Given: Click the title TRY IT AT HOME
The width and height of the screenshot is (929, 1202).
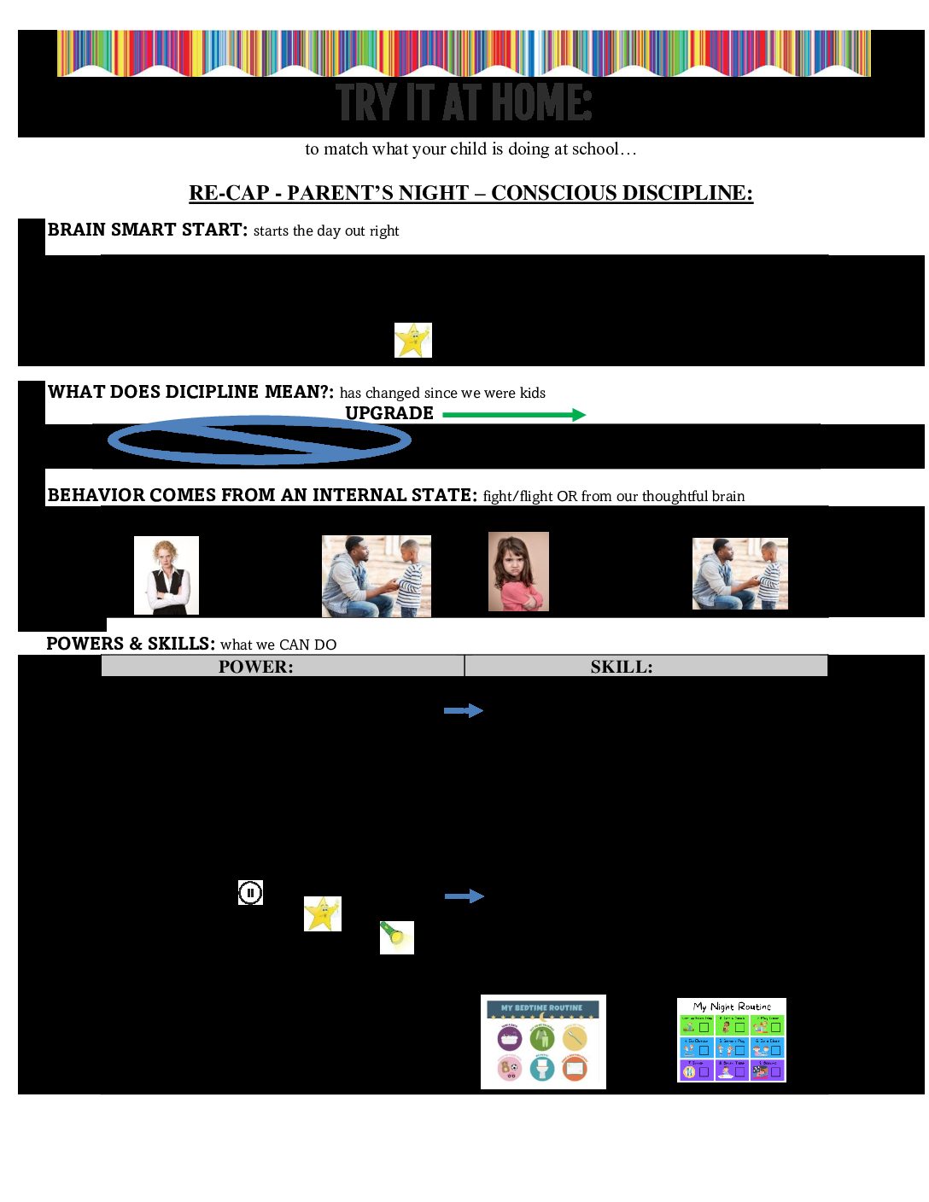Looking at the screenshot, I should pos(464,102).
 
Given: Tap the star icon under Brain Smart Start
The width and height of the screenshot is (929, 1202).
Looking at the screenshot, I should pos(412,340).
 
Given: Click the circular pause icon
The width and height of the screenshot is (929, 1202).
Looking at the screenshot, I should pos(250,893).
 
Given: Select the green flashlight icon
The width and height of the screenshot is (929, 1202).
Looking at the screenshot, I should pos(396,937).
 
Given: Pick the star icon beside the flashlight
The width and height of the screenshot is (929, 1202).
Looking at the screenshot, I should pos(323,913).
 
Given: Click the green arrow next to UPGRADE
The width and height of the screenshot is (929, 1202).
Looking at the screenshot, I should pos(514,415).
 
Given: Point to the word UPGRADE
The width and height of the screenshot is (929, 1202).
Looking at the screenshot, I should pos(389,413).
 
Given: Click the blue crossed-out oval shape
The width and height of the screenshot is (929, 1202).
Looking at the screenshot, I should pos(260,440).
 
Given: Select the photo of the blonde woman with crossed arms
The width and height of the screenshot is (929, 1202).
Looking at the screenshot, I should pos(167,575).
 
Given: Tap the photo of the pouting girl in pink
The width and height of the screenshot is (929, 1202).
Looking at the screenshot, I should pos(518,571).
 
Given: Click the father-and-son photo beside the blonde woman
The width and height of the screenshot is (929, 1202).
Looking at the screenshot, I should pos(377,575).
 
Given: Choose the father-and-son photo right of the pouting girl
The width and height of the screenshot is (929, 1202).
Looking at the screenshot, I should pos(739,574).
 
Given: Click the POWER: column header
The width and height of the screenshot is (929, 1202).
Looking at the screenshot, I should pos(256,667).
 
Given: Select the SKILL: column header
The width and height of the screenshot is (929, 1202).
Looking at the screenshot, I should pos(622,667).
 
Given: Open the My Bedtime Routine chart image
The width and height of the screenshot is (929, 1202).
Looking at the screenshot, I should pos(543,1042).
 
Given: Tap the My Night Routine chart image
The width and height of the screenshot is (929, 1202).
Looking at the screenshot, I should pos(732,1040).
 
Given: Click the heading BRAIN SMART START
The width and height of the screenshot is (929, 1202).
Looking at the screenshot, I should pos(147,230).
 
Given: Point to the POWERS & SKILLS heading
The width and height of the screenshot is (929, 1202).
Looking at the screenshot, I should pos(131,644).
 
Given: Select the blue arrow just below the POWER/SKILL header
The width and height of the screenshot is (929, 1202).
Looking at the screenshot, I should pos(464,710).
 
